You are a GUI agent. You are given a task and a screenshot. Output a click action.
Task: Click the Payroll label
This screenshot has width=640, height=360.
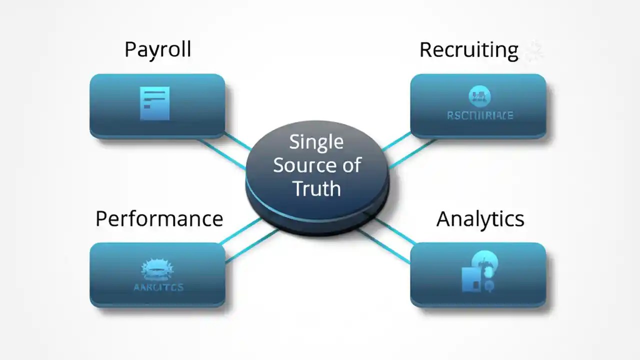click(x=157, y=50)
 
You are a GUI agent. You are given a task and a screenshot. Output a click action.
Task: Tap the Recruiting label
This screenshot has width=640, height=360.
click(x=468, y=50)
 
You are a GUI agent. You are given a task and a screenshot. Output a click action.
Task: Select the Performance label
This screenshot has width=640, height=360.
click(x=159, y=219)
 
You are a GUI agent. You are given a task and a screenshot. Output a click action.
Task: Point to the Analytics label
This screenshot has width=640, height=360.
click(x=480, y=219)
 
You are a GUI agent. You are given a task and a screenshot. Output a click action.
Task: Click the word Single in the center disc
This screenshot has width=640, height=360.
click(x=316, y=142)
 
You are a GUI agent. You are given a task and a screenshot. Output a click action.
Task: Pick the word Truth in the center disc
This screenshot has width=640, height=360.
click(x=316, y=188)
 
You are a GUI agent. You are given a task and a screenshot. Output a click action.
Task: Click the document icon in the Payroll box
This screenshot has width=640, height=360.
click(x=155, y=103)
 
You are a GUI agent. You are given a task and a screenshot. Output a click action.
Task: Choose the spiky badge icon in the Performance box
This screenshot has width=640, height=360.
click(x=157, y=269)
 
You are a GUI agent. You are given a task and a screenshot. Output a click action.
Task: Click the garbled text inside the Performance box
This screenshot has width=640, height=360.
click(x=158, y=287)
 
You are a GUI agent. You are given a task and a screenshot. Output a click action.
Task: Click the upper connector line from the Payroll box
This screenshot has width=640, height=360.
click(x=237, y=142)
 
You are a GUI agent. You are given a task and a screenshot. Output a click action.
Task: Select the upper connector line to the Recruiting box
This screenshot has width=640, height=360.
click(x=396, y=141)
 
